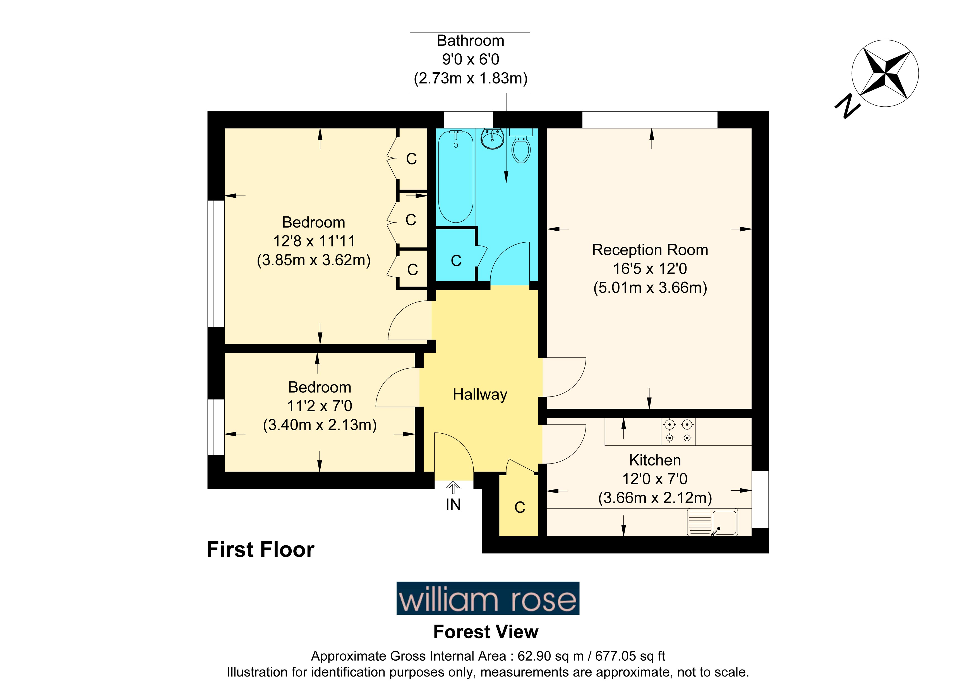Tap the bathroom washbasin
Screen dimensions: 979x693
493,139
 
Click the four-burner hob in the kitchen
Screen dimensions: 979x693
678,431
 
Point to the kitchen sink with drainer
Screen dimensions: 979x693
712,523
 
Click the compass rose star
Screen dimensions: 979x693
885,74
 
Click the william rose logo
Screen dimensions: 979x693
488,598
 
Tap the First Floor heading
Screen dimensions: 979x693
261,549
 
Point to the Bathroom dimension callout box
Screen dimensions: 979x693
470,63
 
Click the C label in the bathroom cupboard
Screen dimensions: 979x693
456,261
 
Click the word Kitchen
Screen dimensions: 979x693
655,460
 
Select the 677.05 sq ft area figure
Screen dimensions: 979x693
630,656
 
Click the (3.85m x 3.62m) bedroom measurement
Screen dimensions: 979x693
314,260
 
